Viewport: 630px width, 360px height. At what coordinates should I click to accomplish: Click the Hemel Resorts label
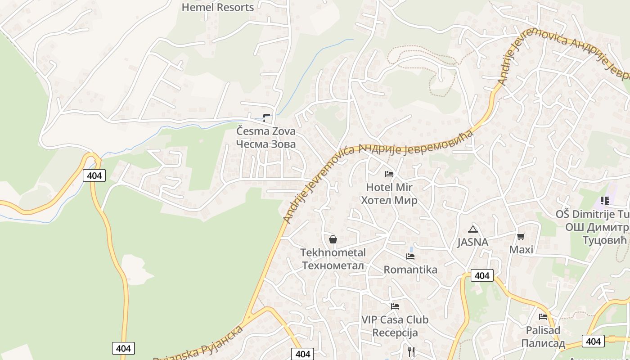pos(218,7)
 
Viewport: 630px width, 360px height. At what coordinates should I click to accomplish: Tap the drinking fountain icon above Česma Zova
pos(267,118)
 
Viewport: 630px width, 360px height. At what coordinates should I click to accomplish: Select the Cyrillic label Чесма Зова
pos(266,144)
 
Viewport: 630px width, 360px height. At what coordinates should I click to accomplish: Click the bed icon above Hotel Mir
pos(389,174)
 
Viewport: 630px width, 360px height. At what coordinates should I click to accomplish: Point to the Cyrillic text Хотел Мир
pos(389,200)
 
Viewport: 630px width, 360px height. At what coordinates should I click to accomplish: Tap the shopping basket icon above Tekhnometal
pos(333,239)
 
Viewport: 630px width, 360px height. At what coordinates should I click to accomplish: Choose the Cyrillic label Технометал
pos(333,265)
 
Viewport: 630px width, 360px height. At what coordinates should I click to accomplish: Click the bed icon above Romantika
pos(410,256)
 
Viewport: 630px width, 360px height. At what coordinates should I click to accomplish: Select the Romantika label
pos(410,270)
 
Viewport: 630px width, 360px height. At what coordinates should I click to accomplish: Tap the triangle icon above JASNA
pos(472,229)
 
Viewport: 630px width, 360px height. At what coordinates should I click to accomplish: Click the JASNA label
pos(472,242)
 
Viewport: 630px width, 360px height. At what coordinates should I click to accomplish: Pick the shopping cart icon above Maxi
pos(521,236)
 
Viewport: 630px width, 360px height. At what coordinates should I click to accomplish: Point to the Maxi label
pos(521,249)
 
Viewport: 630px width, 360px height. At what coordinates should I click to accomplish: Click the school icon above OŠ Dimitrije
pos(604,201)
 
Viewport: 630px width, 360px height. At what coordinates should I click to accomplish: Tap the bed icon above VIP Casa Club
pos(395,306)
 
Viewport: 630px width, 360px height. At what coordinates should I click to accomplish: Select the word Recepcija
pos(395,333)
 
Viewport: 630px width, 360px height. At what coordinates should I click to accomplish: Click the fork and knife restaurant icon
pos(411,351)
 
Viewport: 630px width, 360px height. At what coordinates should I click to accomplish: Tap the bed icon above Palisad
pos(543,317)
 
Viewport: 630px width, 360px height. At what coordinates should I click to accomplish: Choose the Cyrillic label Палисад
pos(543,343)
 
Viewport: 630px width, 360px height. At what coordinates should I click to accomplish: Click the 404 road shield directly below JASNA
pos(482,275)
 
